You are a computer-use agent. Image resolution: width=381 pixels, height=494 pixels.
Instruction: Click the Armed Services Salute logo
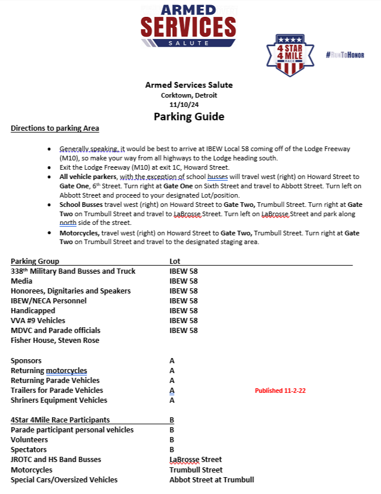point(188,26)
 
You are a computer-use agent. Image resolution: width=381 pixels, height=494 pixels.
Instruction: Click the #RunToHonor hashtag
point(345,54)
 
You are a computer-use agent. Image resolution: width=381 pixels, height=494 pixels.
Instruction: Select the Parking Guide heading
point(188,117)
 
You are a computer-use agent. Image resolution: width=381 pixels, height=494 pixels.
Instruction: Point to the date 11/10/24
point(188,105)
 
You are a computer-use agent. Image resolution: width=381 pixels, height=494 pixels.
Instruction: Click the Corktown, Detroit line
point(188,95)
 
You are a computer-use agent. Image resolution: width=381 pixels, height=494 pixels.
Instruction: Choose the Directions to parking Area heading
point(55,128)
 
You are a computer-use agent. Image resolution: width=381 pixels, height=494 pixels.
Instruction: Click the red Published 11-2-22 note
point(280,391)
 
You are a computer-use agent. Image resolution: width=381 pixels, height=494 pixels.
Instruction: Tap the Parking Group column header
point(35,261)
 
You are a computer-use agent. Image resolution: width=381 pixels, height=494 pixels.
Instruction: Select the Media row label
point(22,281)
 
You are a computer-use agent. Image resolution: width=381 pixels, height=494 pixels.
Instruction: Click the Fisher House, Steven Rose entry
point(55,340)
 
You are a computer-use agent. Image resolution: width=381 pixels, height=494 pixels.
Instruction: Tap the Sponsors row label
point(27,361)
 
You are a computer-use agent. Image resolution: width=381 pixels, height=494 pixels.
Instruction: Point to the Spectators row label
point(30,450)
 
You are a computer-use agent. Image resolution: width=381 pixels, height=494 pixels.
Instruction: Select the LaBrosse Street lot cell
point(195,460)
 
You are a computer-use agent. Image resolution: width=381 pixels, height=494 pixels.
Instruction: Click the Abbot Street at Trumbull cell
point(211,479)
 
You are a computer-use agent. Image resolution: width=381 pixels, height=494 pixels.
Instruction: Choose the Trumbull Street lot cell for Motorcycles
point(195,470)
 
